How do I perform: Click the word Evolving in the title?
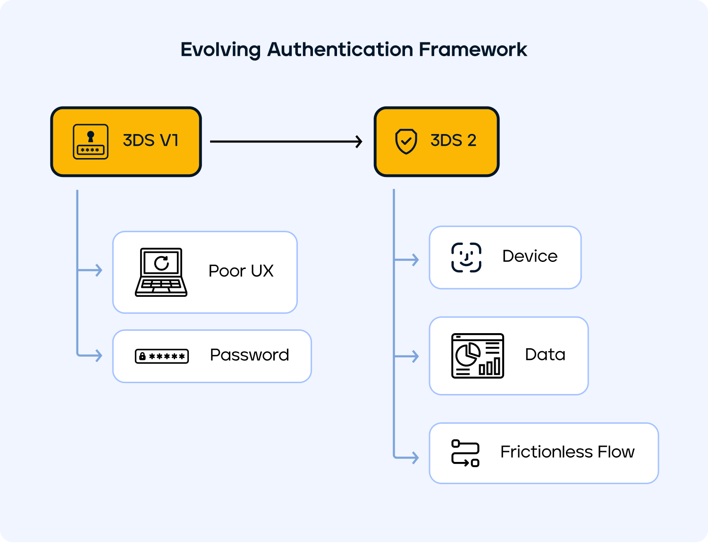(x=220, y=50)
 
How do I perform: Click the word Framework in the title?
(x=473, y=50)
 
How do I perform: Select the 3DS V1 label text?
(x=151, y=141)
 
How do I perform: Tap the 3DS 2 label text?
(x=453, y=141)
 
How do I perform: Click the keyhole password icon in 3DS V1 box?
(x=91, y=142)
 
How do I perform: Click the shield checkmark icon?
(x=406, y=141)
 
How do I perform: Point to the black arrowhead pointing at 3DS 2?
(x=359, y=141)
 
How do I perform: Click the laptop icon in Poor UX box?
(x=161, y=272)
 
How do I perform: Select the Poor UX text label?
(x=241, y=271)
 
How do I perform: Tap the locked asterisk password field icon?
(x=162, y=356)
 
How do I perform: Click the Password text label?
(x=249, y=355)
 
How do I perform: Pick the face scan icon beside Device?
(x=466, y=258)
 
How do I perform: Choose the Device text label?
(x=530, y=256)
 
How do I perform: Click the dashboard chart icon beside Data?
(x=478, y=356)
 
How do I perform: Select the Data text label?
(x=545, y=355)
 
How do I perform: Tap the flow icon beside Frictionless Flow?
(x=465, y=453)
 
